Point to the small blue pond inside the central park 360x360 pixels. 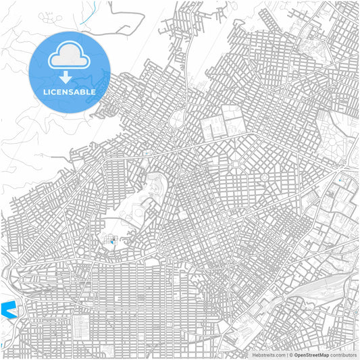pyautogui.click(x=111, y=239)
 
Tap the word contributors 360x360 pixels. pyautogui.click(x=344, y=355)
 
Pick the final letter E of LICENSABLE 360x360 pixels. pyautogui.click(x=93, y=91)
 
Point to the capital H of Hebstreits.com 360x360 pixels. pyautogui.click(x=254, y=355)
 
